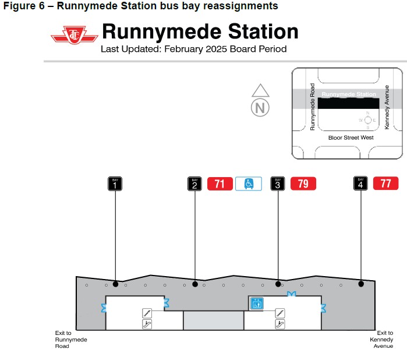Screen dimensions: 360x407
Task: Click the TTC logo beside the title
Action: (74, 36)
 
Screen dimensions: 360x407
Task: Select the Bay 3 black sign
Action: (278, 183)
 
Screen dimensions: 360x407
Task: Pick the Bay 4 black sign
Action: (361, 183)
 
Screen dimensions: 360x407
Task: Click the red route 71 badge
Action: (220, 184)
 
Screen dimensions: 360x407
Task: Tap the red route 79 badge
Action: (303, 184)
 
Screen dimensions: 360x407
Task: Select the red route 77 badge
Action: (385, 184)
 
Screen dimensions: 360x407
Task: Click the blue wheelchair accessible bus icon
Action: (249, 184)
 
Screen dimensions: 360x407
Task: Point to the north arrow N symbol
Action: (260, 107)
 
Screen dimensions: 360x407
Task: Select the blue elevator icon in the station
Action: (256, 303)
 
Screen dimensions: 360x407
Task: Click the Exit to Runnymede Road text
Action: (70, 340)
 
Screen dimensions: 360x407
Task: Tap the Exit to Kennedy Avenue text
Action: (381, 340)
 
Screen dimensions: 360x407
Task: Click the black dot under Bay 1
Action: (115, 284)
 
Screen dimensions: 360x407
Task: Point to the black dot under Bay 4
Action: (361, 284)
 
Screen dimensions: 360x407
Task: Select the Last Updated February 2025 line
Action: (193, 49)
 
